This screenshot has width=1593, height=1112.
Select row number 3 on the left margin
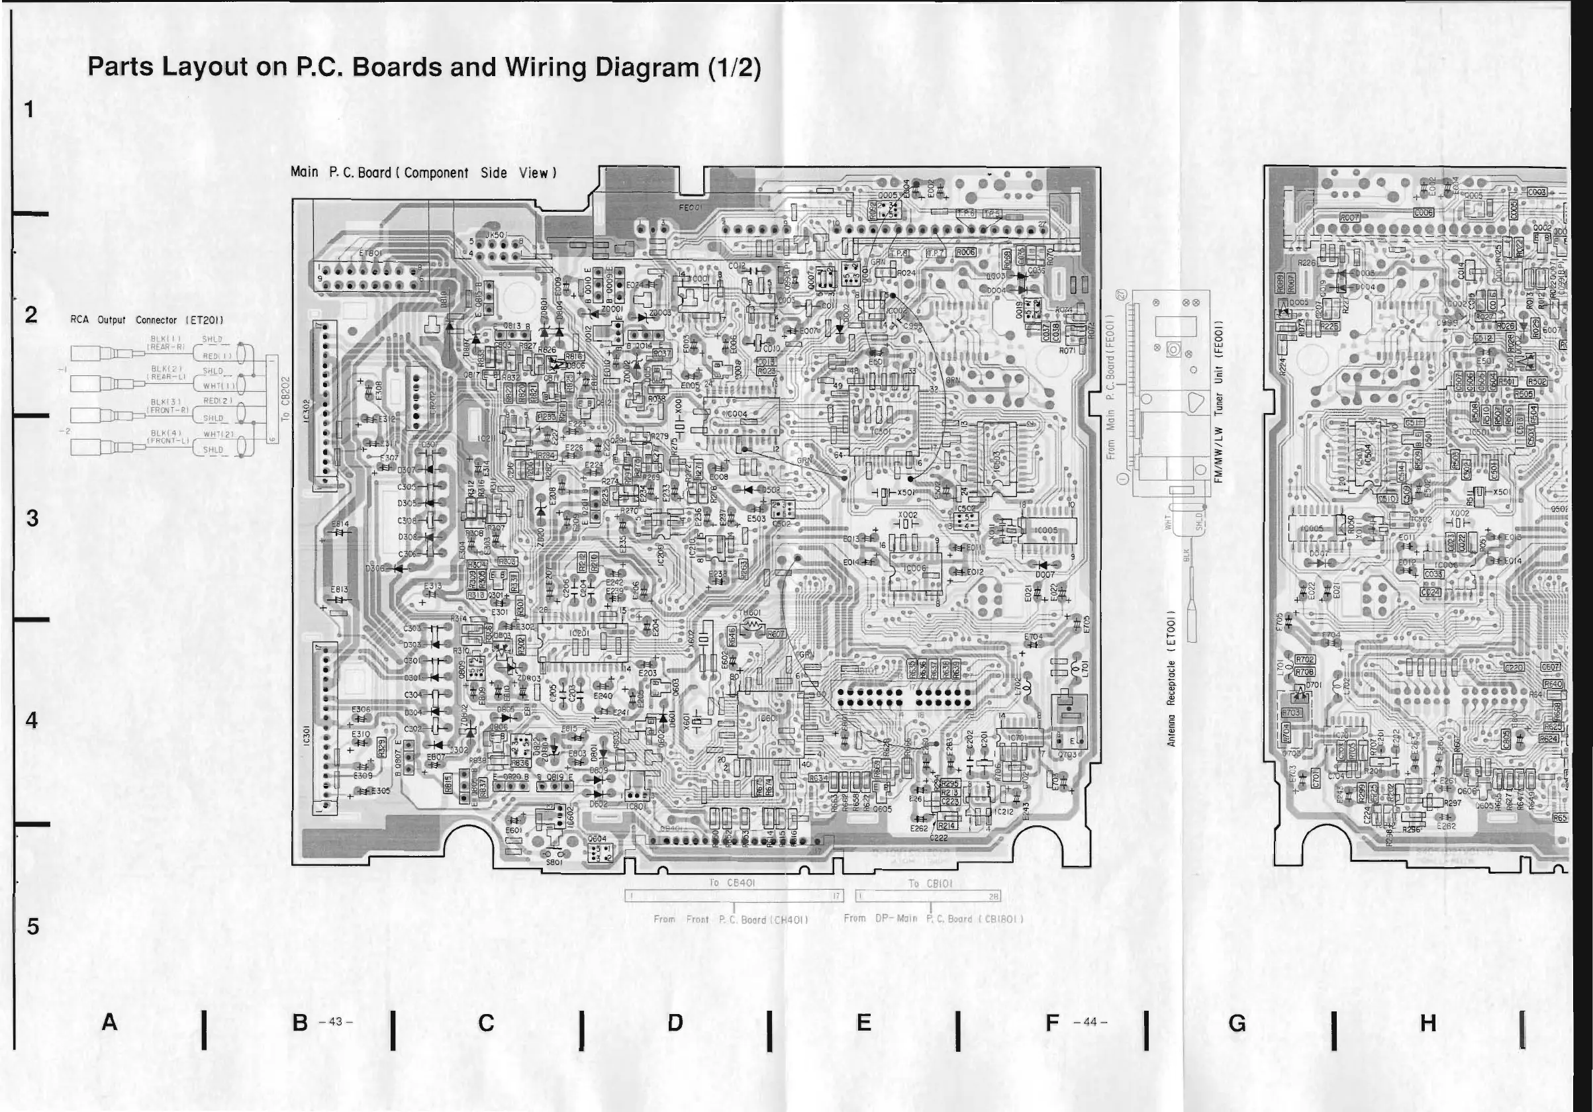(32, 518)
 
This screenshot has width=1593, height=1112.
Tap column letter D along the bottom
(675, 1023)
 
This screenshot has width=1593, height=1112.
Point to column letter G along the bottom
(1237, 1023)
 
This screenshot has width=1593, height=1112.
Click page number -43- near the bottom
(336, 1022)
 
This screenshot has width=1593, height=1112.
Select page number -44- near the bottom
(1090, 1022)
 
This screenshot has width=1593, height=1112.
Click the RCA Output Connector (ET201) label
(146, 320)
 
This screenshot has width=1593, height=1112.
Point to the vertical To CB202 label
(285, 399)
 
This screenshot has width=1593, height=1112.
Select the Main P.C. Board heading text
(423, 173)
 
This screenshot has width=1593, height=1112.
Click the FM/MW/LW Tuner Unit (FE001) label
(1218, 403)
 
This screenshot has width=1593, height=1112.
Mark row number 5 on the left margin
(32, 926)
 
